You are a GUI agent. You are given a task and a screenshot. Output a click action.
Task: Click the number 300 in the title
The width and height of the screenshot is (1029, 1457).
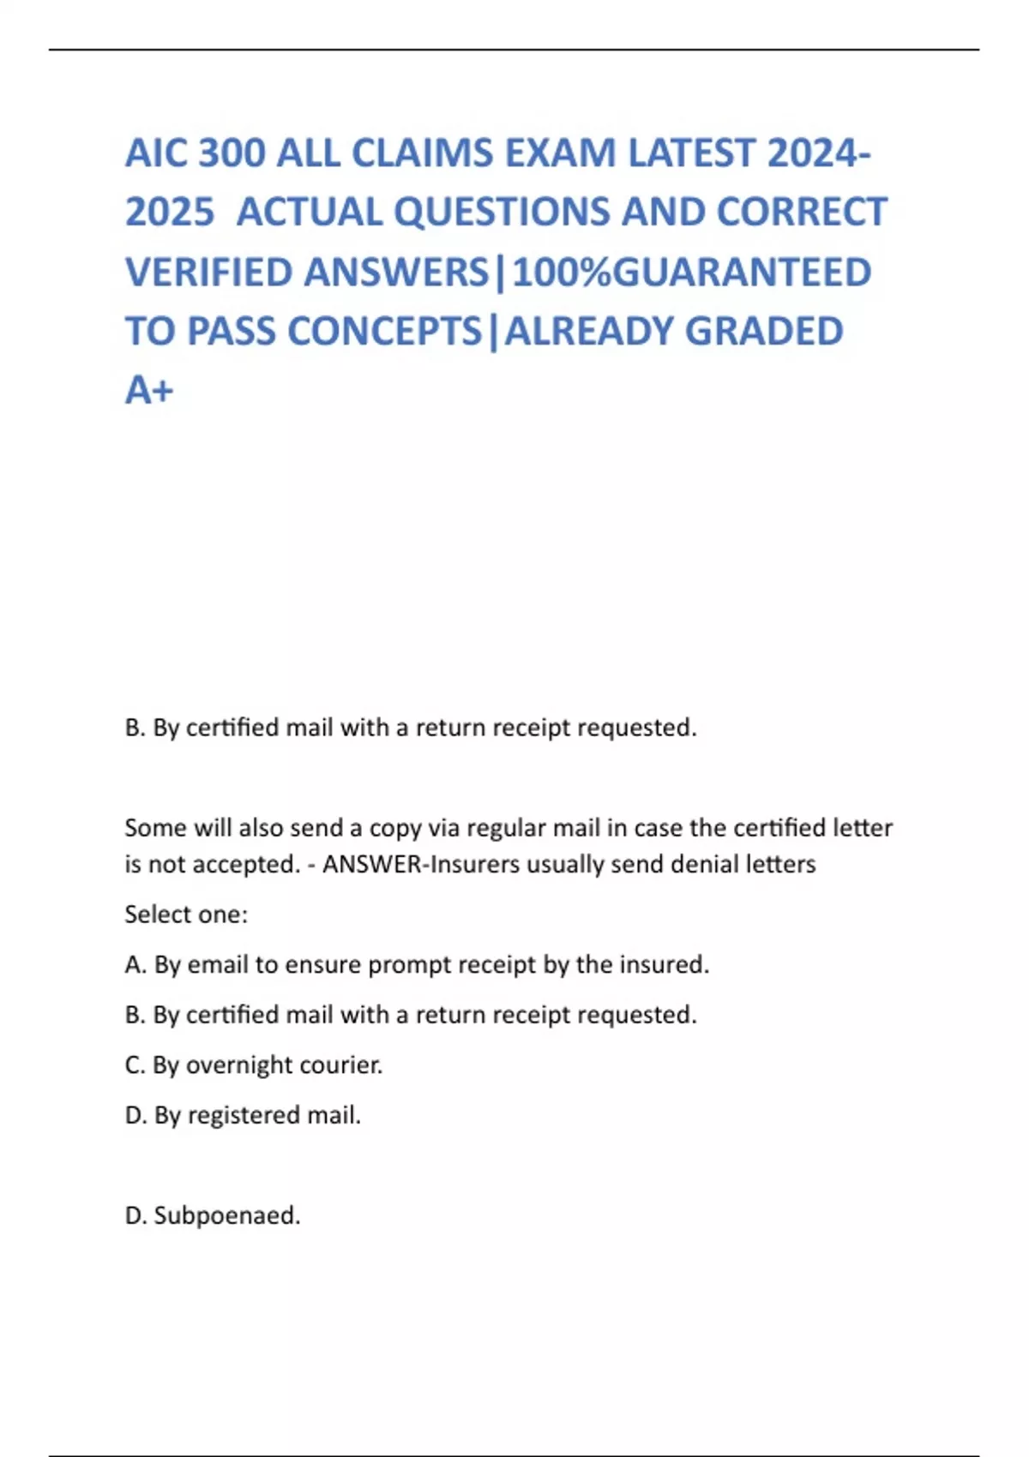[x=232, y=153]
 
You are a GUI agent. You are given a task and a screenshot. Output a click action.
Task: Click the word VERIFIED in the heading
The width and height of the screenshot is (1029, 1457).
[x=209, y=273]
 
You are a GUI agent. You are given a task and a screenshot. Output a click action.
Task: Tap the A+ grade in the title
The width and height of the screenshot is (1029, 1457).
[x=149, y=391]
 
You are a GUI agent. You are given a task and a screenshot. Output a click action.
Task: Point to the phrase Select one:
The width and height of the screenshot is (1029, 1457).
[x=186, y=914]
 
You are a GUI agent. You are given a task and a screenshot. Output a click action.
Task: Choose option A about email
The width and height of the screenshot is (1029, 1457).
[x=417, y=965]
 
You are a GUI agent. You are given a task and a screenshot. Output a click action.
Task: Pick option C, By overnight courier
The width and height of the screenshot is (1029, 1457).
[x=254, y=1065]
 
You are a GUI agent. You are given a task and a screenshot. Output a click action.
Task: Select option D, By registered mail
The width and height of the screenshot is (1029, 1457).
[x=243, y=1115]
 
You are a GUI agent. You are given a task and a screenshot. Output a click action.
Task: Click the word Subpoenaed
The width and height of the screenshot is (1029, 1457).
[x=227, y=1215]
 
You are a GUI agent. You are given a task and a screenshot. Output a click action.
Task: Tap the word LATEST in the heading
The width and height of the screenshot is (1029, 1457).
[x=692, y=153]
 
